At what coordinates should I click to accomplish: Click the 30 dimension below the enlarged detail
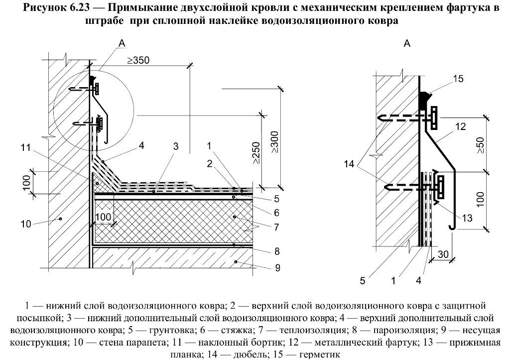pyautogui.click(x=443, y=254)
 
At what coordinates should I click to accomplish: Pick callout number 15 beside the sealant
pyautogui.click(x=459, y=78)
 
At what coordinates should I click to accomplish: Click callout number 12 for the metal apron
pyautogui.click(x=460, y=127)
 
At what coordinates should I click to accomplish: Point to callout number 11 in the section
pyautogui.click(x=25, y=147)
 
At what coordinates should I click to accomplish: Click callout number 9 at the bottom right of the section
pyautogui.click(x=277, y=268)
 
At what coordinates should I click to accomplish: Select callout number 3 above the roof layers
pyautogui.click(x=175, y=146)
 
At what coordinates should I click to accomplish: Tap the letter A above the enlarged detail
pyautogui.click(x=406, y=44)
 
